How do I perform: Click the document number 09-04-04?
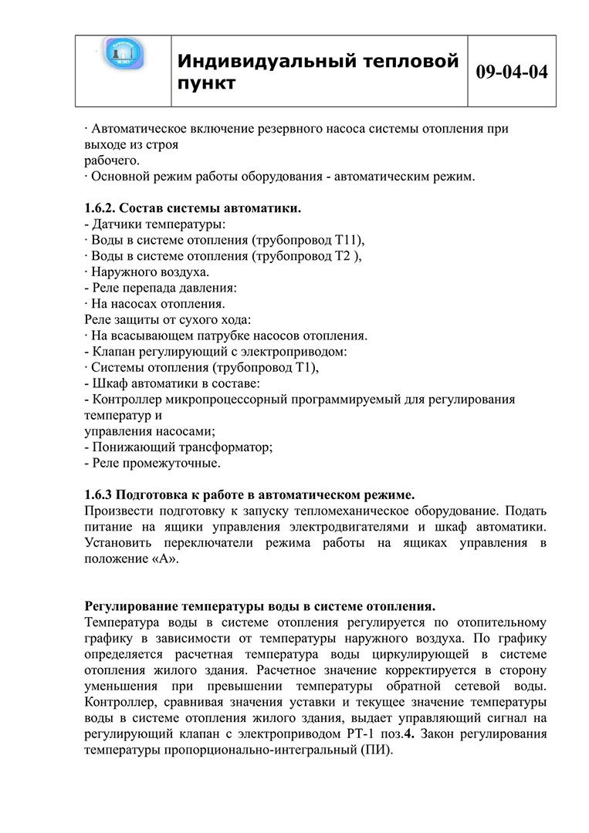512,72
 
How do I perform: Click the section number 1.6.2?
101,208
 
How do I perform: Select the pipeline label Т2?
344,255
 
